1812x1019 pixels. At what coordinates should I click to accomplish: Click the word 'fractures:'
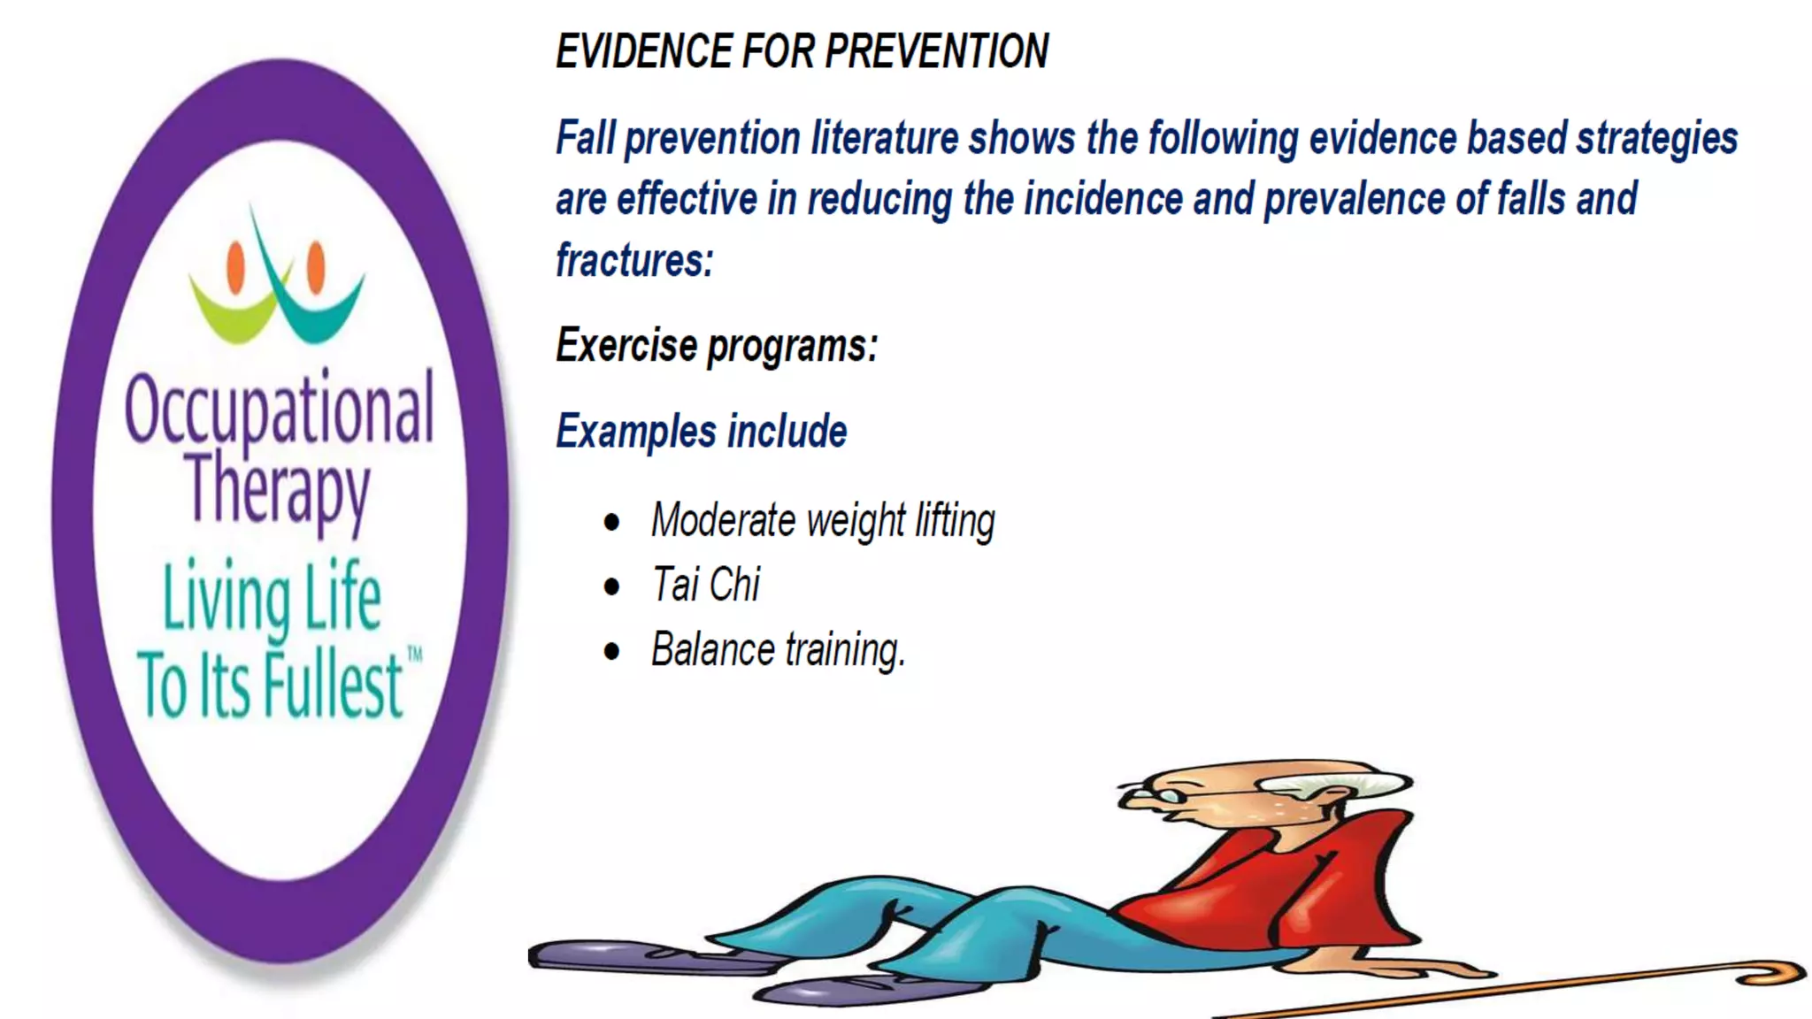pyautogui.click(x=634, y=261)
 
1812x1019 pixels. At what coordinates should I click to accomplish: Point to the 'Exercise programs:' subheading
pyautogui.click(x=717, y=345)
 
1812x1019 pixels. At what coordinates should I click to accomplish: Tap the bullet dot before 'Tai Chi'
pyautogui.click(x=611, y=586)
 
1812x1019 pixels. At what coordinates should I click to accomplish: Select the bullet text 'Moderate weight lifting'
pyautogui.click(x=823, y=520)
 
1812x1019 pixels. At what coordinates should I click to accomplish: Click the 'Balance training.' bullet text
pyautogui.click(x=779, y=650)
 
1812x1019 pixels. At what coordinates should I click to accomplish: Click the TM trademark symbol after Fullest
pyautogui.click(x=414, y=655)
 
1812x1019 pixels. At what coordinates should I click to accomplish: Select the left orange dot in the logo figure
pyautogui.click(x=235, y=266)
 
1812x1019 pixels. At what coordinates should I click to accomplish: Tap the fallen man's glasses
pyautogui.click(x=1150, y=795)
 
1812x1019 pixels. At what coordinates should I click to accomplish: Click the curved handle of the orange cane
pyautogui.click(x=1774, y=973)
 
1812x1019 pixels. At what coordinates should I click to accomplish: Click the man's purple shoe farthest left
pyautogui.click(x=619, y=957)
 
